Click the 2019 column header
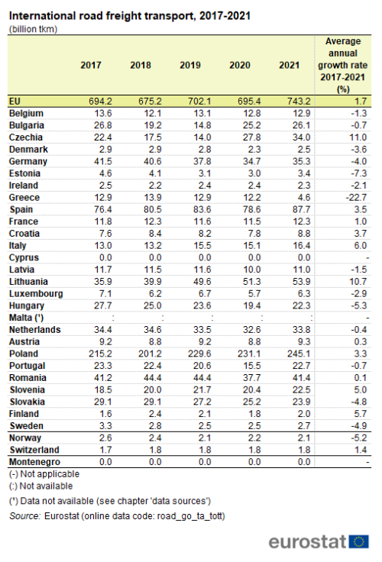190,65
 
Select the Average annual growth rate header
343,65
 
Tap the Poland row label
24,354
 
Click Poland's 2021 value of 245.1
299,354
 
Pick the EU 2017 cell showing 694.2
100,102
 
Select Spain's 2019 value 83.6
202,210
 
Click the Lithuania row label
29,282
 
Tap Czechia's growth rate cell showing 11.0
358,137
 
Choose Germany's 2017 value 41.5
103,162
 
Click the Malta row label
26,318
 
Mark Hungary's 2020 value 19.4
252,305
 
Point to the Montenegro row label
35,462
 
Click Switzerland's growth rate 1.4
361,451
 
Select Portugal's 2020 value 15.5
252,366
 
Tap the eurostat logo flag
358,541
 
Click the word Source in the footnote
24,516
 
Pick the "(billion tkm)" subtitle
33,29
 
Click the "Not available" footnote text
46,486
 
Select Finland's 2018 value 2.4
155,414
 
